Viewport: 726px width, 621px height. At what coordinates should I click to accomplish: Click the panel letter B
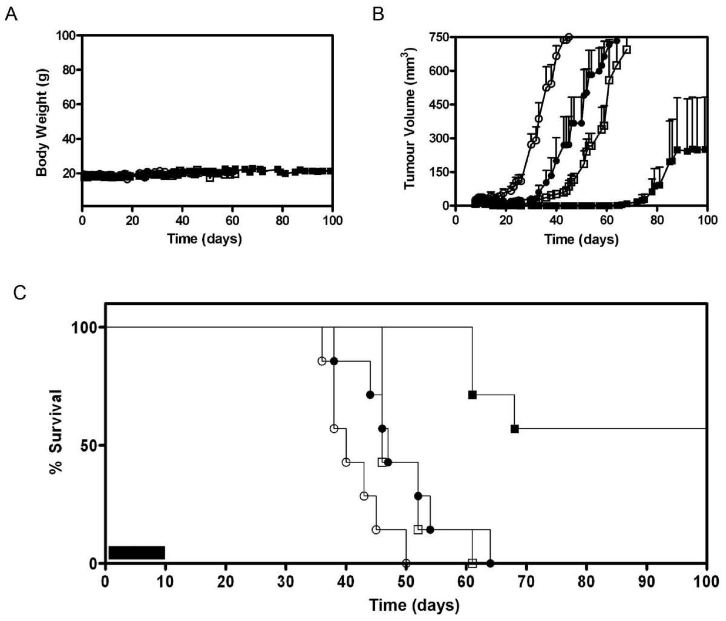(x=378, y=13)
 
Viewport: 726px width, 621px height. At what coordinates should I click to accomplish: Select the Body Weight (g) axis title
(x=42, y=121)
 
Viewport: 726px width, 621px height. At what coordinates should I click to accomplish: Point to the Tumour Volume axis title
(x=410, y=121)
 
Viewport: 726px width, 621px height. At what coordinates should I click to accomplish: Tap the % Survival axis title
(x=57, y=445)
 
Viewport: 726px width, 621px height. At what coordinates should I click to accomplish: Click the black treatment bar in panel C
(x=137, y=552)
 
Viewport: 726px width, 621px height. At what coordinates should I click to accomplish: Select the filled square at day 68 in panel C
(x=514, y=429)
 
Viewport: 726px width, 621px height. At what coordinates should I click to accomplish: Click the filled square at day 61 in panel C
(x=473, y=395)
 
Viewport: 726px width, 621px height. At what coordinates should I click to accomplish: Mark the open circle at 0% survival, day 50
(x=406, y=563)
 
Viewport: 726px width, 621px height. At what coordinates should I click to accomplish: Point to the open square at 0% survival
(x=473, y=563)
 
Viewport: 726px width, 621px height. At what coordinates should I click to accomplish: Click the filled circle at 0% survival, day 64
(x=490, y=563)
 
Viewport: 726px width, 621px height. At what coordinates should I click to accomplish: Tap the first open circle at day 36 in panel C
(x=322, y=361)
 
